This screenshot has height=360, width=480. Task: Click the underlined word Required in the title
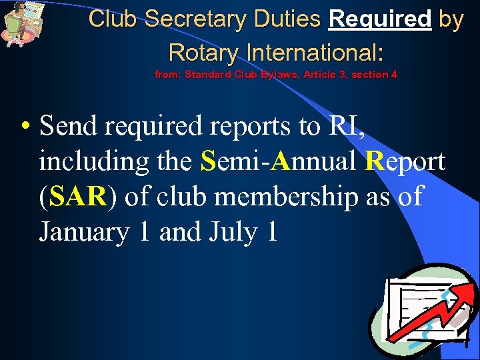pos(380,19)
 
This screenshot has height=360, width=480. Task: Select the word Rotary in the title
pos(201,51)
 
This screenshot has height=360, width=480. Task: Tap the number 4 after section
pos(394,75)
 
